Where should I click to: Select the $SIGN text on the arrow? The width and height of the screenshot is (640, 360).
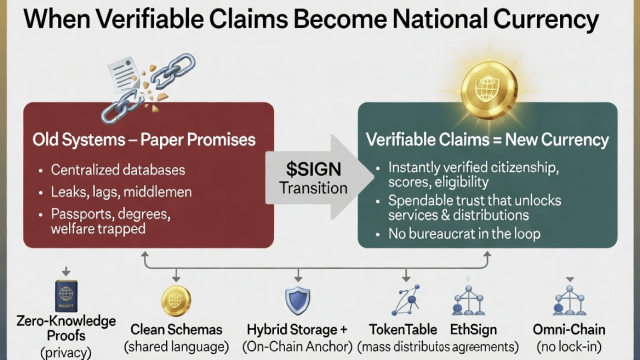click(x=313, y=169)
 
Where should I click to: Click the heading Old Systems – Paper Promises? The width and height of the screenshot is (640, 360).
click(x=144, y=139)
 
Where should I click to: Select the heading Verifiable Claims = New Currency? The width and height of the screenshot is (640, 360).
click(x=487, y=139)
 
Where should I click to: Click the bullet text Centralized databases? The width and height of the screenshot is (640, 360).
click(x=118, y=170)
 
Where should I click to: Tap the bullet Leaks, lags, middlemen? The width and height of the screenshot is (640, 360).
click(x=121, y=191)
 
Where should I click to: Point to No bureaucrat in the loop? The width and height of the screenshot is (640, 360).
click(x=464, y=233)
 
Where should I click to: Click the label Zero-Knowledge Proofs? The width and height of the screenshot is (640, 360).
click(x=66, y=328)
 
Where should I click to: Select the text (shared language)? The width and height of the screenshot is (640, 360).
click(x=176, y=346)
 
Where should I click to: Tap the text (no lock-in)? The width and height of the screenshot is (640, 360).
click(x=569, y=346)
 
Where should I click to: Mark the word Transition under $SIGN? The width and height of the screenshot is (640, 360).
click(x=313, y=188)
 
